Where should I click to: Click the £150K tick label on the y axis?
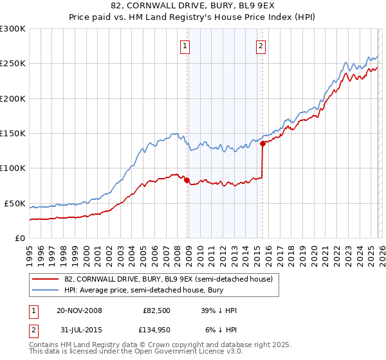point(13,133)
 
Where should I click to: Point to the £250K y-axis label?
point(13,64)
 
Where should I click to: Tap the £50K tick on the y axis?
point(15,203)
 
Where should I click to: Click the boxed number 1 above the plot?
point(185,46)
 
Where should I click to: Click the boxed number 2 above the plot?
point(261,46)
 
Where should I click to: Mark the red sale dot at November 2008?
point(187,181)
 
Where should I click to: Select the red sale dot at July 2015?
point(262,144)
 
